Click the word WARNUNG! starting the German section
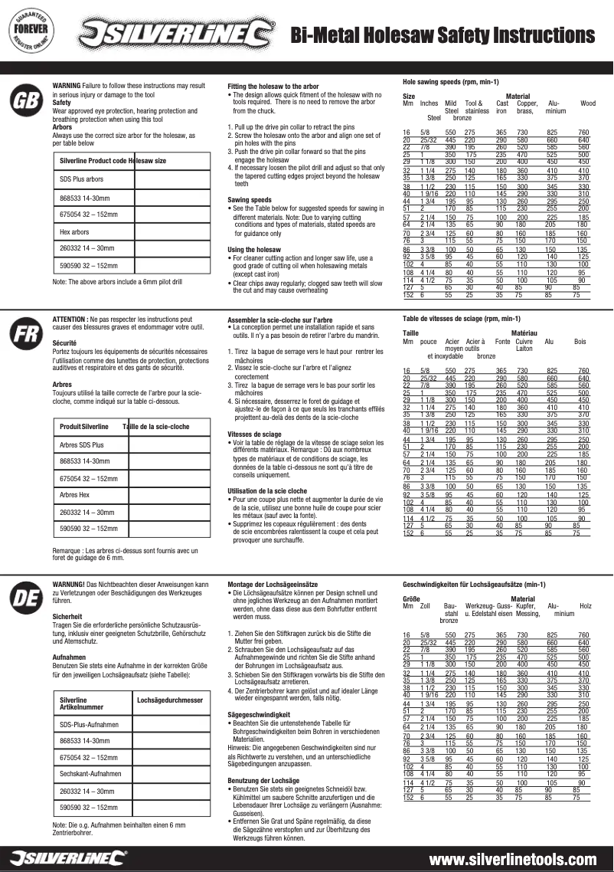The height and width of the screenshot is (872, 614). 68,584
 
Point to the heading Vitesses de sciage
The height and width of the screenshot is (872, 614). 254,434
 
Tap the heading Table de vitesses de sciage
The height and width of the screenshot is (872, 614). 450,317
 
